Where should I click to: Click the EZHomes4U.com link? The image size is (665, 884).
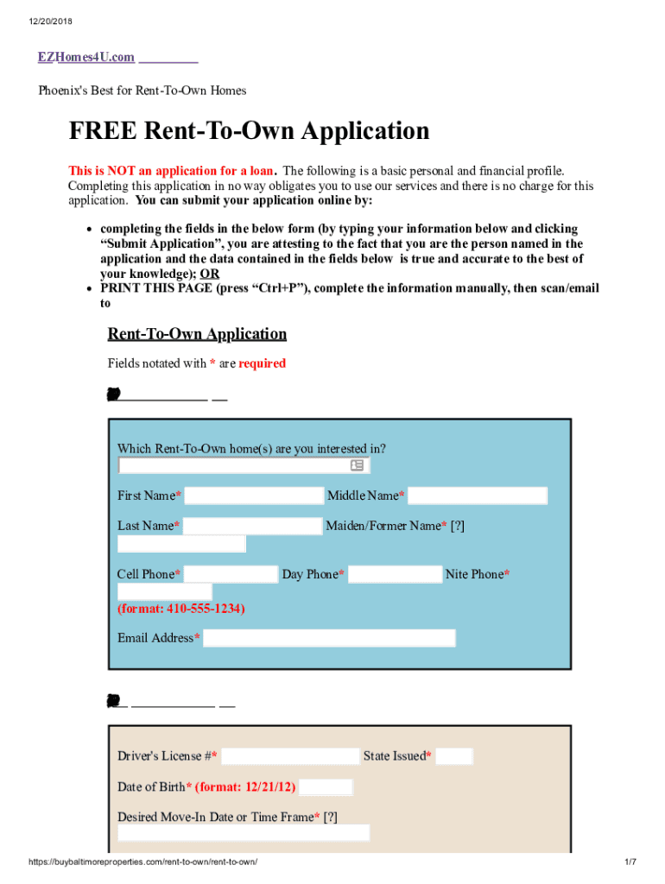85,57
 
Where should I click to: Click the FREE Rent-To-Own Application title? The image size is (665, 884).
249,131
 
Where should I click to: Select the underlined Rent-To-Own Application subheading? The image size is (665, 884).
197,334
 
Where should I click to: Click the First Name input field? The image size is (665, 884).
253,496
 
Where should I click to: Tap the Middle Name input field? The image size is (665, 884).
478,496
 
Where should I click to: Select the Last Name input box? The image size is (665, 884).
252,526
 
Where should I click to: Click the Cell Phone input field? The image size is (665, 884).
231,574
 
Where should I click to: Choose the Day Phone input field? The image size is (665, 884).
395,574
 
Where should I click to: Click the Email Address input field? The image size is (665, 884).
329,638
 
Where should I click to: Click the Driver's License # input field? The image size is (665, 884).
289,756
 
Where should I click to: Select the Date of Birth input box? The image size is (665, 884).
326,787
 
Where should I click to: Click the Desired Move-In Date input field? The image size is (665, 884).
244,832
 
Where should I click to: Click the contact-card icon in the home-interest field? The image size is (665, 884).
357,465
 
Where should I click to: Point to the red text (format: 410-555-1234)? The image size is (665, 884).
181,609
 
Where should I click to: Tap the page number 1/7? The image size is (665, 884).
630,862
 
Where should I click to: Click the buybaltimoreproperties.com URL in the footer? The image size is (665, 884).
143,862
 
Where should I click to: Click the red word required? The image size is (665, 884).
262,363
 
